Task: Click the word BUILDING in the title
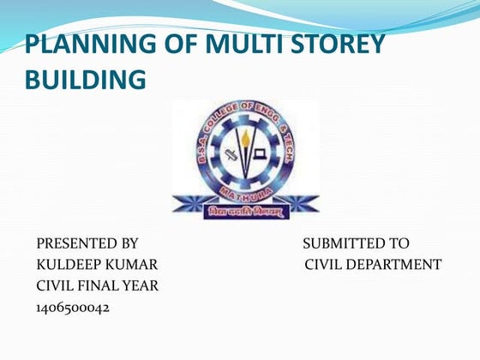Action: [x=85, y=81]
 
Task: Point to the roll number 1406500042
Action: [x=73, y=306]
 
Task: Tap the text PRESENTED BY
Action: [x=87, y=243]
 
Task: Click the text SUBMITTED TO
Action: [x=356, y=243]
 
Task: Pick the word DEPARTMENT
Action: [x=396, y=264]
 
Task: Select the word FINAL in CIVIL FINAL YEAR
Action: [x=102, y=285]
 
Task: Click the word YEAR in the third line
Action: [x=141, y=285]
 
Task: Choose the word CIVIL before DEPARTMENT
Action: [x=324, y=264]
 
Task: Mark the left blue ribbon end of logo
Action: [x=185, y=205]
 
